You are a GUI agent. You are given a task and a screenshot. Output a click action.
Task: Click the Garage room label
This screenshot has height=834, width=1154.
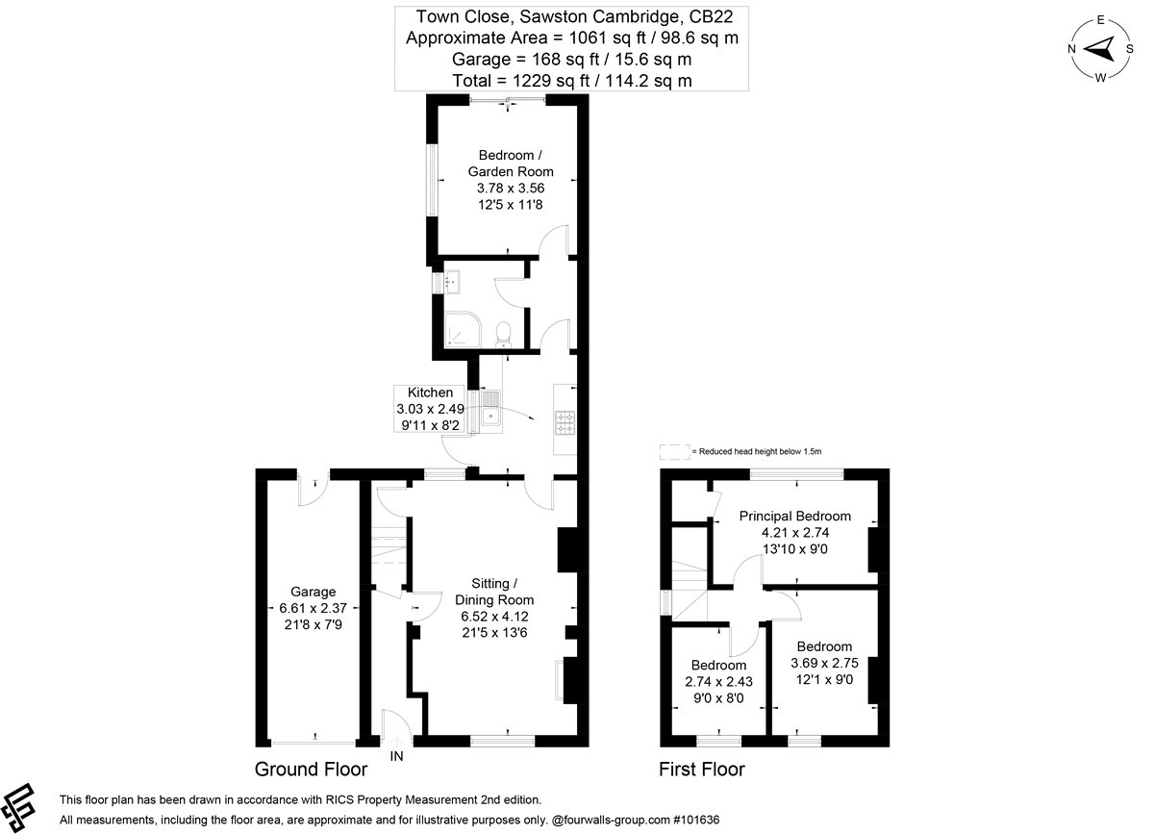313,592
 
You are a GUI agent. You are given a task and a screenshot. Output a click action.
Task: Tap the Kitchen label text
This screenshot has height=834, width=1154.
430,392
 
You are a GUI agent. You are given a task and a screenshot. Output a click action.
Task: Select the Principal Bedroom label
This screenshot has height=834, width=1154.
795,516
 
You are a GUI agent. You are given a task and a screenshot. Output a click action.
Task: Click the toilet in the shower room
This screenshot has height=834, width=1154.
503,334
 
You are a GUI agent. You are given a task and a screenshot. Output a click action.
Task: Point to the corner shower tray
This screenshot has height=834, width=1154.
463,328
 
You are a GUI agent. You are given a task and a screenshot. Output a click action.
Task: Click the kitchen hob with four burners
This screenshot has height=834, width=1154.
565,423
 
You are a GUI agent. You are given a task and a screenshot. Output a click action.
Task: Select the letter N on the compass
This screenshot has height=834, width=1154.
1071,49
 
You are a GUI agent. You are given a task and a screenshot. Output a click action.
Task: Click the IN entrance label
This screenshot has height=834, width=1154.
396,756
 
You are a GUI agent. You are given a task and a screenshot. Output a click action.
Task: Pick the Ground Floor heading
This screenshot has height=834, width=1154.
311,769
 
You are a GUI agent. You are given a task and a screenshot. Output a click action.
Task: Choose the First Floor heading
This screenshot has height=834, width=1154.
702,769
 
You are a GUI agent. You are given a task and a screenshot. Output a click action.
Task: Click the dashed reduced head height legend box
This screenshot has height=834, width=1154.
674,451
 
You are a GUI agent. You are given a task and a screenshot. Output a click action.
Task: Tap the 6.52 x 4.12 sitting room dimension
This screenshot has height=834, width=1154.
494,616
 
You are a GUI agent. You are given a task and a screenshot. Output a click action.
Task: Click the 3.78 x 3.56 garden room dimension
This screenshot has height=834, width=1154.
511,189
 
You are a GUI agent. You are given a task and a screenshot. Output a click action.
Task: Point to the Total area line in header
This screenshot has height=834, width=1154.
572,81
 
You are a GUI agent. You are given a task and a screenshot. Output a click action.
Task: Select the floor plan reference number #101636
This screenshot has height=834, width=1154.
696,820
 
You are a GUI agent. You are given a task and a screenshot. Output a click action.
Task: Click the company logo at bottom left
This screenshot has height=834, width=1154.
17,808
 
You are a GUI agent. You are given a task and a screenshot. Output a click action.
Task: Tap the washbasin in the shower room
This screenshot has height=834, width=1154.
452,283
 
